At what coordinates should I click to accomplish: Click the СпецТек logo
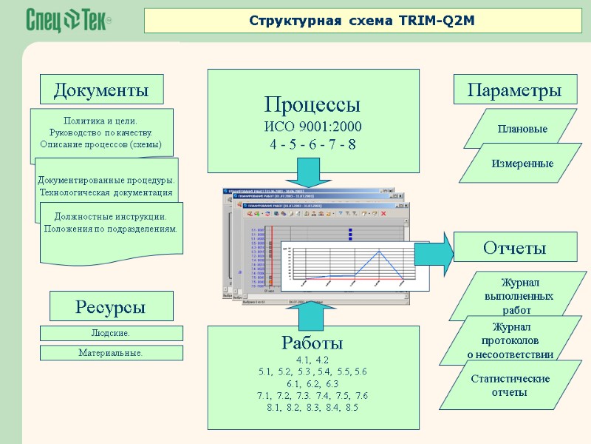(69, 21)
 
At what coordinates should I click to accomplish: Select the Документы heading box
(101, 90)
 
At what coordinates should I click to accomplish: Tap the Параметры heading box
(514, 90)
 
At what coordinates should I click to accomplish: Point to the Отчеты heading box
(514, 247)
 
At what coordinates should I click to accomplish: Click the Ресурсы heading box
(111, 306)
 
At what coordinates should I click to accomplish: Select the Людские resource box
(111, 334)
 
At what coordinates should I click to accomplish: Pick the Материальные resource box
(111, 354)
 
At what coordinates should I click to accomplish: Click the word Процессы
(312, 103)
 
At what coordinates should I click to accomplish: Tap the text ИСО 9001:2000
(312, 125)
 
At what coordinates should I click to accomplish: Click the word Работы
(312, 343)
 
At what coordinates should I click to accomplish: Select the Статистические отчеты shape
(510, 386)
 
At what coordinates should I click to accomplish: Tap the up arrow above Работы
(312, 314)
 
